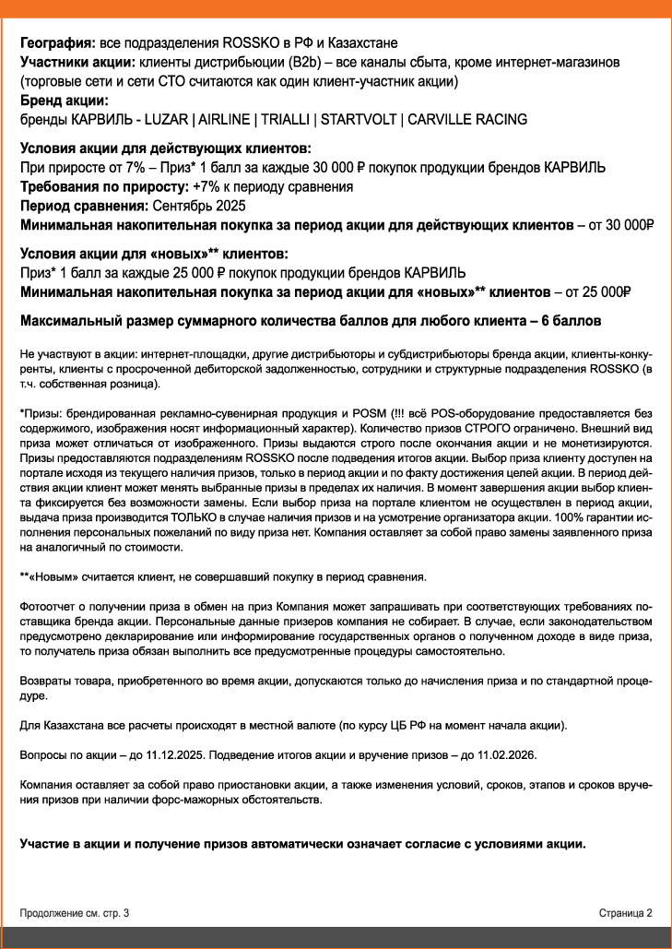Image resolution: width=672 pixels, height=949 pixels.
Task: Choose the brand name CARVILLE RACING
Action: point(467,120)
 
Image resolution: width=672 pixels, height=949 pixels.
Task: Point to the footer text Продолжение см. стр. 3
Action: point(75,912)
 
